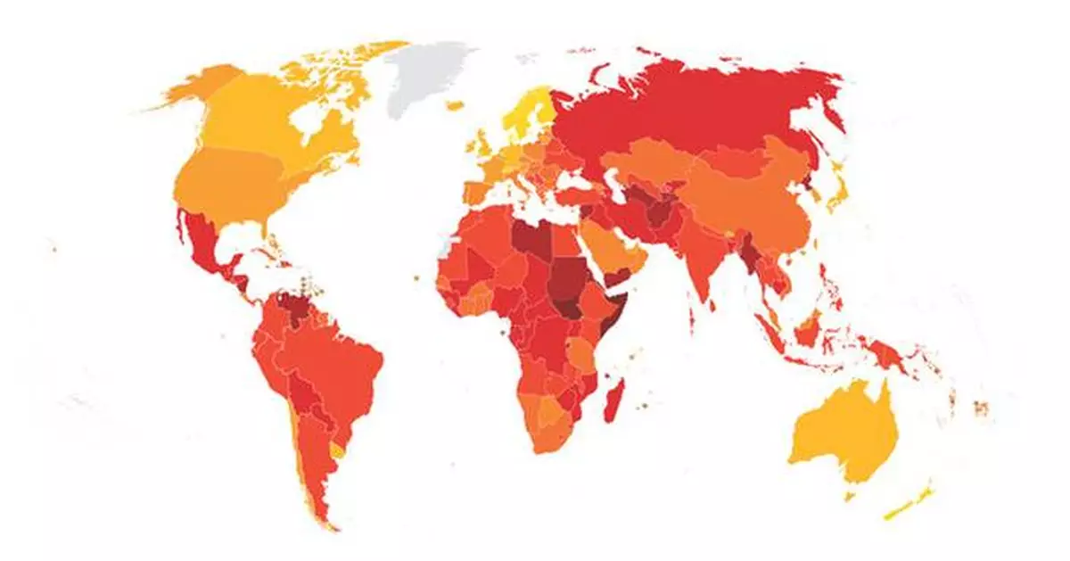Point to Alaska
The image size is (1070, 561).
click(x=201, y=85)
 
